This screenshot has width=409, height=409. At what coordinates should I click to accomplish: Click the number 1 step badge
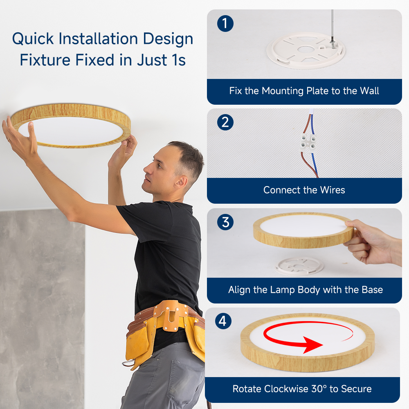[225, 23]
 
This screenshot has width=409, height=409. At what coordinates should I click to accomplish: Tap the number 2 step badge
[225, 122]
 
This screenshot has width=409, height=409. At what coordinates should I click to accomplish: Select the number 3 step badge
[225, 222]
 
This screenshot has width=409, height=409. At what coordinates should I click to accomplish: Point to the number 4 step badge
[223, 321]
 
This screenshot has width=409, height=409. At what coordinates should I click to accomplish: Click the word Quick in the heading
[33, 39]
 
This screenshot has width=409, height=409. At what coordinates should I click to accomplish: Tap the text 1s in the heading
[179, 60]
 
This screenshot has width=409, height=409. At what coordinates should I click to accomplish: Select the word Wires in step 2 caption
[333, 190]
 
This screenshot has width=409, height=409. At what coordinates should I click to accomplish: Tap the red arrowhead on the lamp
[312, 345]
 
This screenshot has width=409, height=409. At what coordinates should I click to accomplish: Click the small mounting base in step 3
[299, 266]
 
